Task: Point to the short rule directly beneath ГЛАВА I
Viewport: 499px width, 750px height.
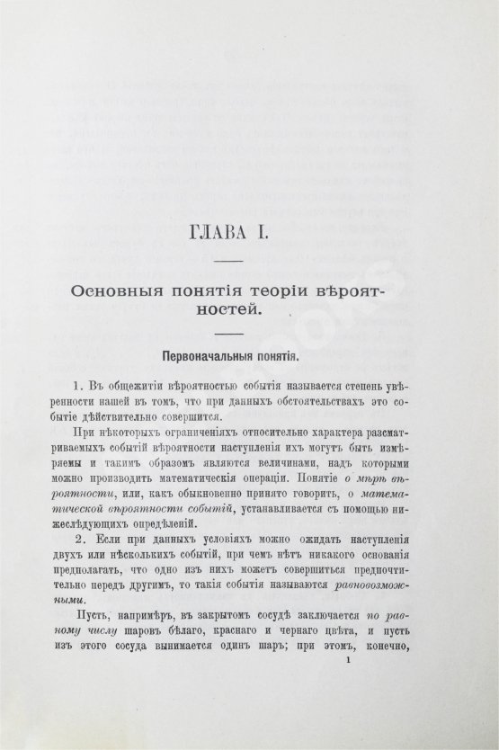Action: [233, 262]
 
